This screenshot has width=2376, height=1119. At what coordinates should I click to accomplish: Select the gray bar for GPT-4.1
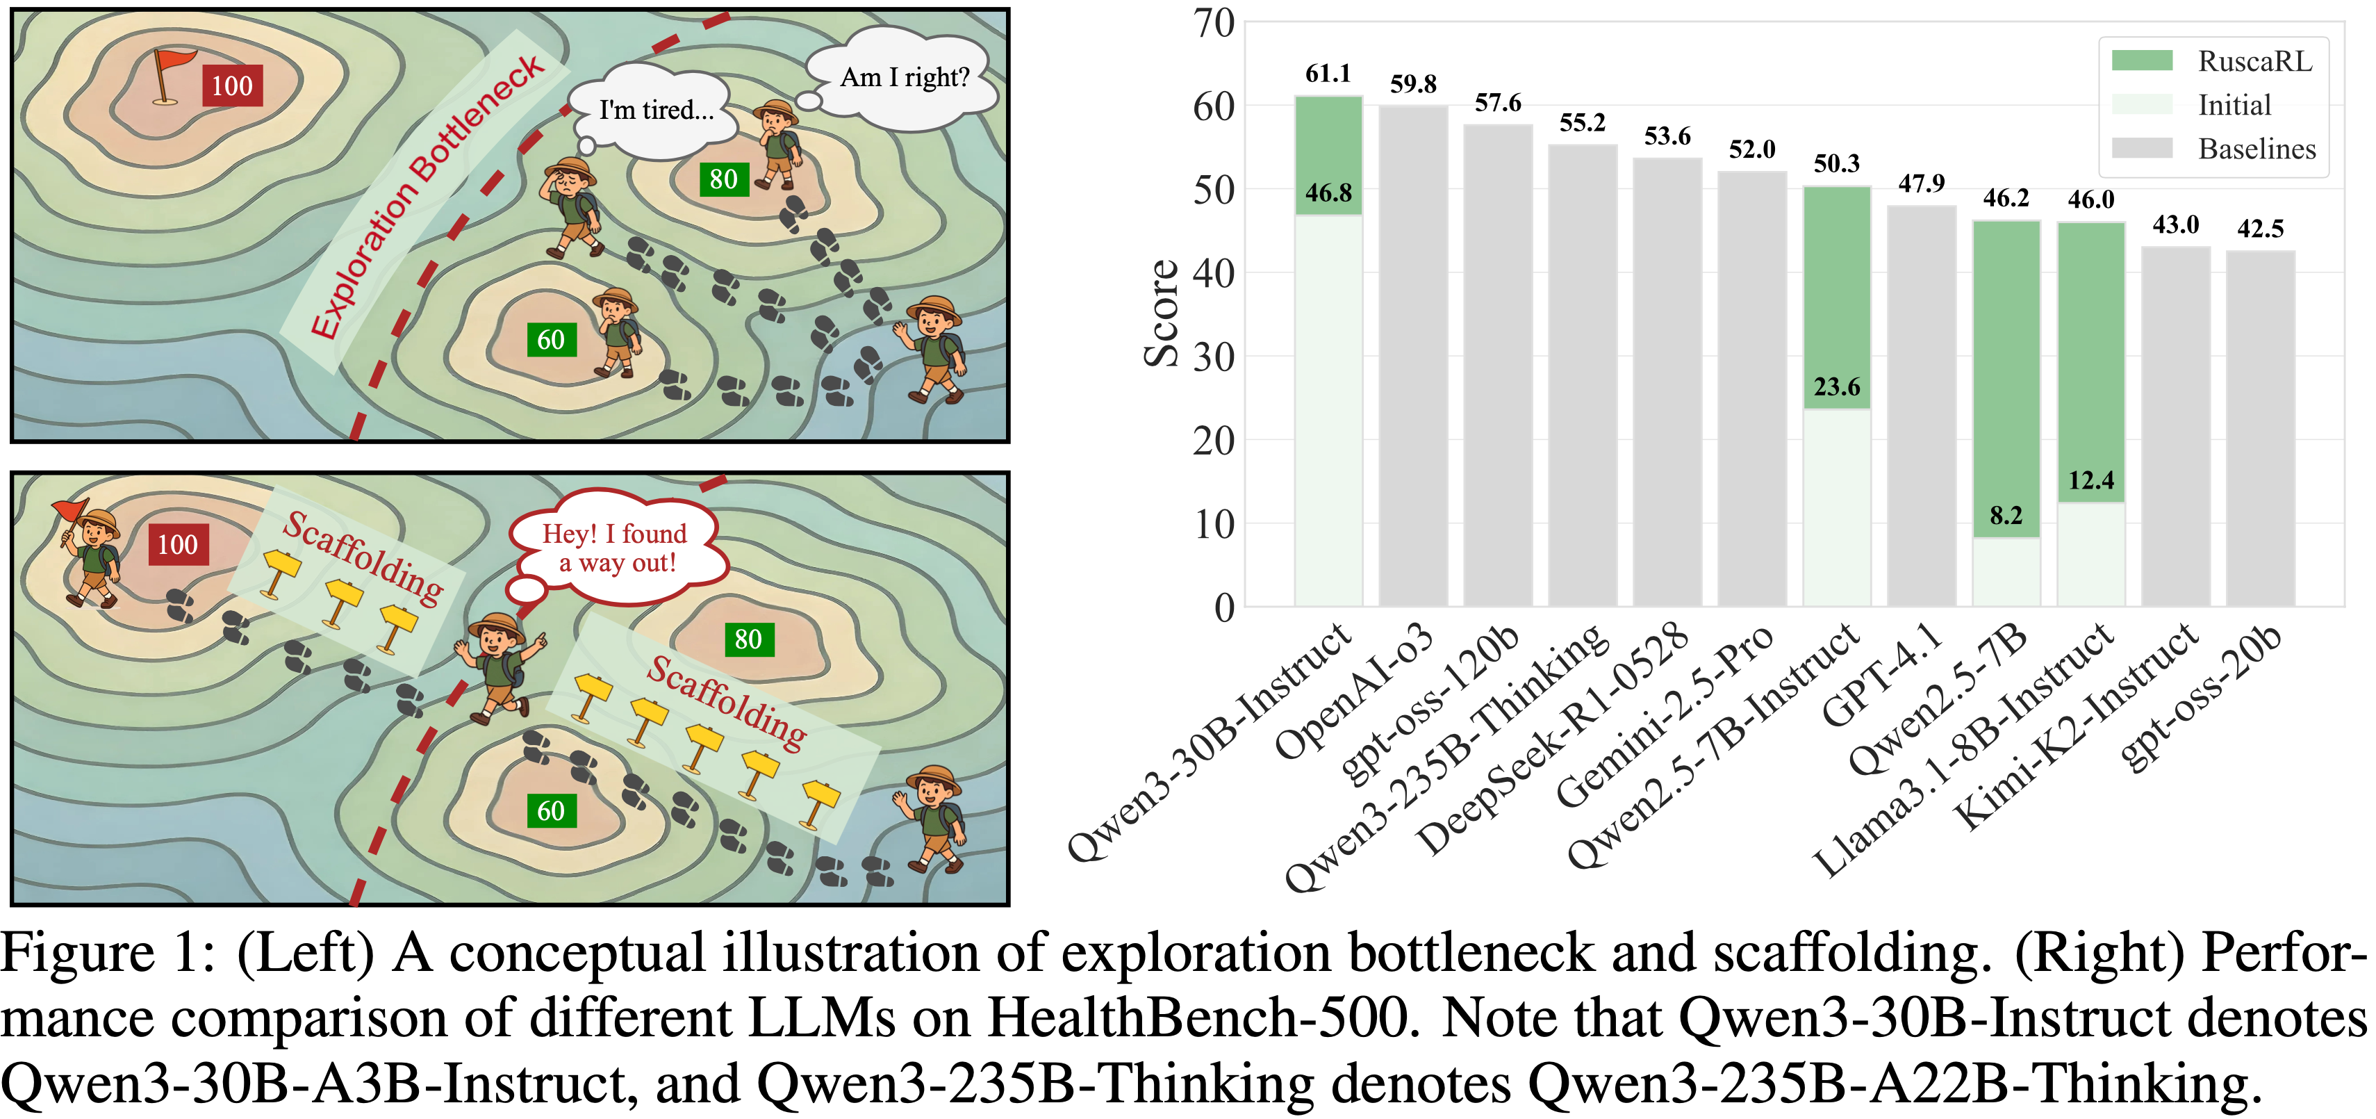[1921, 406]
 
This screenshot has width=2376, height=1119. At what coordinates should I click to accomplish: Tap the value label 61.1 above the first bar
[1328, 74]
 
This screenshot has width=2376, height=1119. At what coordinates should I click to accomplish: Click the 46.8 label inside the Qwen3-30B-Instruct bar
[1328, 193]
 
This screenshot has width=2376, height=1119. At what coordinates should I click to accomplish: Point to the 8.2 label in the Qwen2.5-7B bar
[2006, 515]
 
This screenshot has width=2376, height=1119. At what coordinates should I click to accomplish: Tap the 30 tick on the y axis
[1214, 357]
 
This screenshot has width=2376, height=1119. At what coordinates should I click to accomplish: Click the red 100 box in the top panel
[231, 85]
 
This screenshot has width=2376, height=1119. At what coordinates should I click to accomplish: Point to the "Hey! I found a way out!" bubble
[616, 548]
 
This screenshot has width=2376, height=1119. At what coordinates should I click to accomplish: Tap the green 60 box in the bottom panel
[551, 811]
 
